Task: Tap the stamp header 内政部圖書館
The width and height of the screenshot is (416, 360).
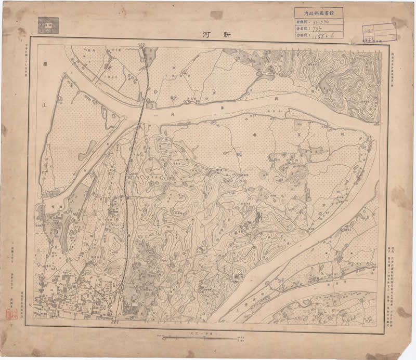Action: pos(318,15)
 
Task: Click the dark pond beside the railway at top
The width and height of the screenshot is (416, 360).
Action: pos(151,54)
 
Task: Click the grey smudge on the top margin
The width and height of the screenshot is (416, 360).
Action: pos(217,16)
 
